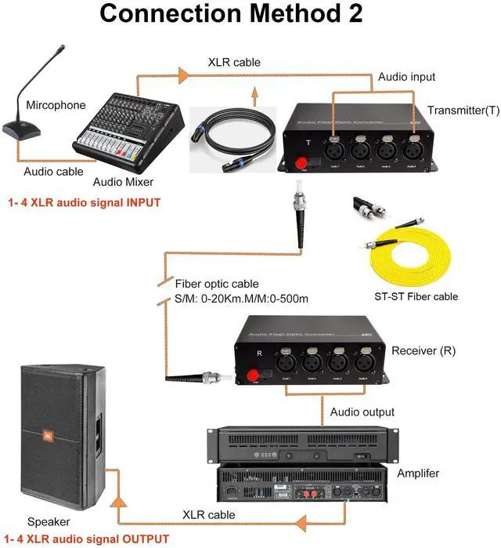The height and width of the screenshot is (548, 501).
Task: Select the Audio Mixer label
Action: click(123, 182)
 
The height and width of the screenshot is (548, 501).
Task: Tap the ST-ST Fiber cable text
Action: click(416, 296)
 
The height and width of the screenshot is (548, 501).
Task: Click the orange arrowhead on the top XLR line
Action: click(183, 74)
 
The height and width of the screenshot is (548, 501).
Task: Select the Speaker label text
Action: click(49, 521)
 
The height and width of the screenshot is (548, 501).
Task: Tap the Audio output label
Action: click(362, 412)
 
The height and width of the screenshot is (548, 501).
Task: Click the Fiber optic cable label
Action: click(217, 284)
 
